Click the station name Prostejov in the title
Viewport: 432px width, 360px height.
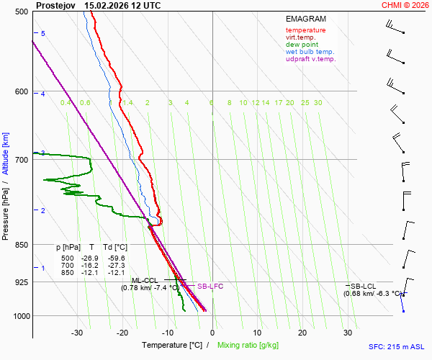point(55,5)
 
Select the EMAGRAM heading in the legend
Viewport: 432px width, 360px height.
point(305,19)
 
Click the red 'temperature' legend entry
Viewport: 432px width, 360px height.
point(305,30)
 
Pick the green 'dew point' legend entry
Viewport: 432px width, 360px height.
point(302,45)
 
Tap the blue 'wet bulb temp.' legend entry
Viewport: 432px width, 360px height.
point(310,52)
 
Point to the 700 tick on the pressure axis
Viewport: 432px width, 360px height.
point(20,160)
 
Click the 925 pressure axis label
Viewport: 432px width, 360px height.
point(20,282)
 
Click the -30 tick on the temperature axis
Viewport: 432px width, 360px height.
point(77,333)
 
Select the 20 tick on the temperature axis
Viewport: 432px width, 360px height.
point(302,333)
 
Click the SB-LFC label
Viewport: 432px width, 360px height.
point(210,287)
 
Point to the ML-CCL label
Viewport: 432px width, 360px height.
point(144,280)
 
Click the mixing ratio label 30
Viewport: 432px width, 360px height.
point(317,103)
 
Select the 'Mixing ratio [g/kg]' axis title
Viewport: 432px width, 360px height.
point(249,346)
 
